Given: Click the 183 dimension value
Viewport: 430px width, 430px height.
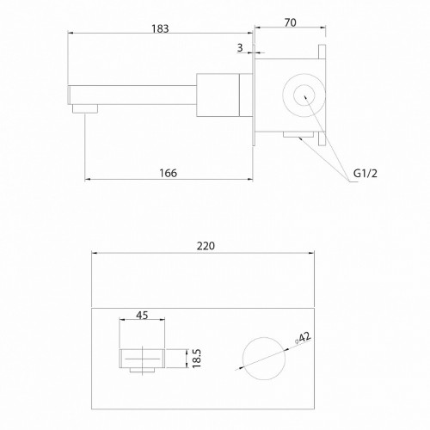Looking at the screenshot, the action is click(160, 28).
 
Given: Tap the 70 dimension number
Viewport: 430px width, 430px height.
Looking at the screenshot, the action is click(291, 22).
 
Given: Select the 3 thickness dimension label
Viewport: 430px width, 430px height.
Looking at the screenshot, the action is click(240, 47).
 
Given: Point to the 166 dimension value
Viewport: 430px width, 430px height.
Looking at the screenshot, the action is click(169, 173).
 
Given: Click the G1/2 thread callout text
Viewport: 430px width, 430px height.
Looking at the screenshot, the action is click(365, 173).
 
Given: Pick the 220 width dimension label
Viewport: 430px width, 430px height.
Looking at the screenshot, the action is click(206, 246).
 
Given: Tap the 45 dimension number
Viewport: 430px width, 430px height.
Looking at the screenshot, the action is click(142, 315).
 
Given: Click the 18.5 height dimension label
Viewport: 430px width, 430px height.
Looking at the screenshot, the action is click(197, 359).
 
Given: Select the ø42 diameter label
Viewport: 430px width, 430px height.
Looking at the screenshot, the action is click(303, 338).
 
